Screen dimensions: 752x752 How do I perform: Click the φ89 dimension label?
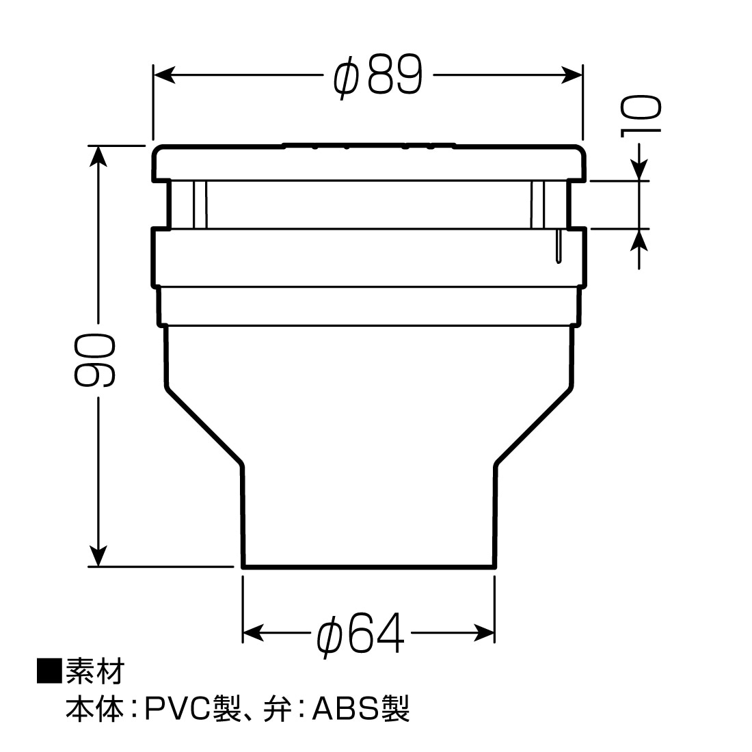coord(379,76)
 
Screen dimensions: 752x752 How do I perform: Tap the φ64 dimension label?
coord(360,634)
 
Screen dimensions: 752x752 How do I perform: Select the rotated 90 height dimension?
coord(95,361)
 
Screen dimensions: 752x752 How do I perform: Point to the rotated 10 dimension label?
coord(641,116)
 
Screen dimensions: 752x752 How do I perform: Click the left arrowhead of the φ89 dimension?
coord(164,75)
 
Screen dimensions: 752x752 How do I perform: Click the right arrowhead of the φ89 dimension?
coord(572,75)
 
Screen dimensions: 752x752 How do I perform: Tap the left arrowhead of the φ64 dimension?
coord(254,632)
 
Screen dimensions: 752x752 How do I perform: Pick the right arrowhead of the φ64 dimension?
coord(484,632)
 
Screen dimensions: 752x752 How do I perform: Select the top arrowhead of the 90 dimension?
coord(98,157)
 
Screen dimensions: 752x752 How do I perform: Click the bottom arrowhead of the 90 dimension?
coord(98,555)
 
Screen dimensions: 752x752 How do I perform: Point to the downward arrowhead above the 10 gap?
coord(639,170)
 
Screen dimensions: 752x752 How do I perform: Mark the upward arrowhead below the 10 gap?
coord(639,240)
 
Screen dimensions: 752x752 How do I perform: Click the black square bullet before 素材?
coord(49,671)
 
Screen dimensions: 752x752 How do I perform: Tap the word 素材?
coord(95,671)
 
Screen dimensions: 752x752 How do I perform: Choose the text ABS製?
coord(361,709)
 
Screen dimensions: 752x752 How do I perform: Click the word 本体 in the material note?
coord(94,709)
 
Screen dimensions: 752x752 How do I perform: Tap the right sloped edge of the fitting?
coord(533,425)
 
